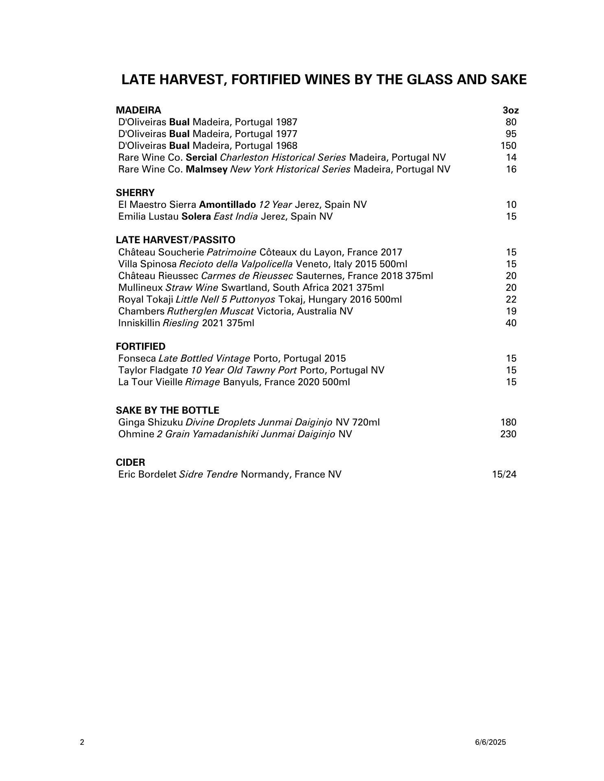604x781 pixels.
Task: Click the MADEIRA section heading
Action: coord(138,110)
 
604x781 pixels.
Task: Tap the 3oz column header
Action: coord(510,110)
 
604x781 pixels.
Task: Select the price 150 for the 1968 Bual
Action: coord(508,146)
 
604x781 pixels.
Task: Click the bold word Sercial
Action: coord(201,157)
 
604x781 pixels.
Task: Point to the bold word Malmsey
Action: coord(206,169)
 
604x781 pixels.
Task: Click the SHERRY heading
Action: coord(135,192)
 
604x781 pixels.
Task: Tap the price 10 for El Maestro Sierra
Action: coord(511,205)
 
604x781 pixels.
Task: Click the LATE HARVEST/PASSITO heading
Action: coord(175,240)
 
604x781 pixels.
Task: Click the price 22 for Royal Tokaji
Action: coord(511,299)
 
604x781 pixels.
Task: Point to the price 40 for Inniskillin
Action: coord(511,323)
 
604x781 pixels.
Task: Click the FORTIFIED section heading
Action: coord(140,347)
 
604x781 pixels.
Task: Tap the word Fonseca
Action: coord(137,358)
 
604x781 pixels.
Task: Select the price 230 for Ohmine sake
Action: coord(508,434)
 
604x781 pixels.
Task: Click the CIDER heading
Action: coord(130,462)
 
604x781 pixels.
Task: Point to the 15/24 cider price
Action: coord(504,474)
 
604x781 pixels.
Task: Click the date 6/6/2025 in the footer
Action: coord(490,742)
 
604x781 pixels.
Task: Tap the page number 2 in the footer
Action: coord(82,742)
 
